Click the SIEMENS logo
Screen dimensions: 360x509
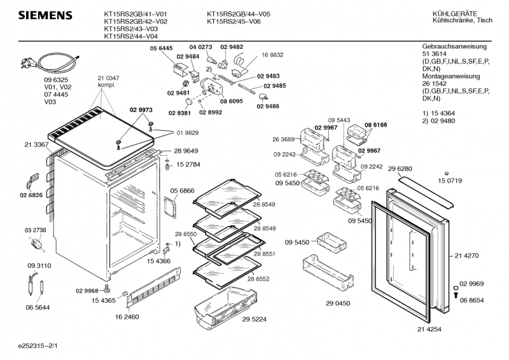pyautogui.click(x=44, y=15)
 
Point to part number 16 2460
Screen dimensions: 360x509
pyautogui.click(x=127, y=316)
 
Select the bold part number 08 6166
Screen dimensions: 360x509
pyautogui.click(x=376, y=125)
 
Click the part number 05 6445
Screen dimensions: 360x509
pyautogui.click(x=162, y=48)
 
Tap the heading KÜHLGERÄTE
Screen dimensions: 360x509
pyautogui.click(x=453, y=13)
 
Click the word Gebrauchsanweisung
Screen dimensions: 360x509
pyautogui.click(x=454, y=47)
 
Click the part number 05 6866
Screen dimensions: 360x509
pyautogui.click(x=182, y=190)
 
